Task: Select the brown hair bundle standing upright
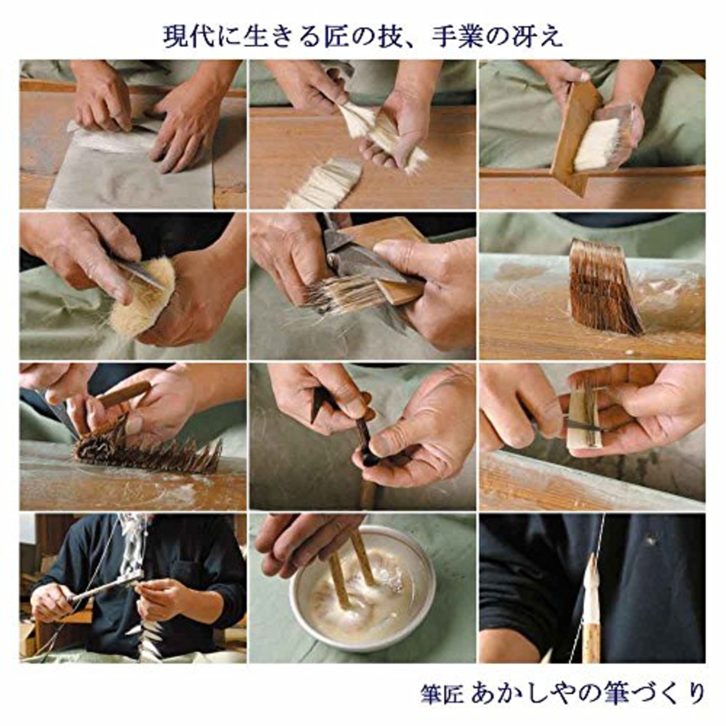coord(604,286)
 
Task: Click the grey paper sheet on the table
coord(130,176)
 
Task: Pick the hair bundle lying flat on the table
coord(326,184)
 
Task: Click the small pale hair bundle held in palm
coord(584,417)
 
